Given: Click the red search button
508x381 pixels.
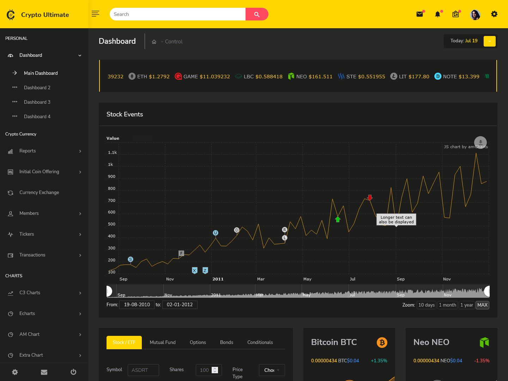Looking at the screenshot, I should coord(257,14).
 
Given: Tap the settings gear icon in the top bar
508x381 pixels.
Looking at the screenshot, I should coord(494,14).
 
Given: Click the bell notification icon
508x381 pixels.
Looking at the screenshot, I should coord(437,14).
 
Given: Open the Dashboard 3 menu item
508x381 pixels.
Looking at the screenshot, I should coord(37,102).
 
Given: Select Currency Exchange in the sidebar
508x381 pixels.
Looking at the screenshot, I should coord(39,192).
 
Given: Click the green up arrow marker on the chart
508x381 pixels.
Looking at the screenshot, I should coord(338,219).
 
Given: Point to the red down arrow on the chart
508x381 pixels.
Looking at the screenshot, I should coord(370,197).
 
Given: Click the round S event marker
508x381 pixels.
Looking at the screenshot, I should coord(131,259).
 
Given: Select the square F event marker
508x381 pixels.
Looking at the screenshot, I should coord(181,253).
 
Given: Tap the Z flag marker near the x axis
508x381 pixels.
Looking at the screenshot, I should coord(205,270).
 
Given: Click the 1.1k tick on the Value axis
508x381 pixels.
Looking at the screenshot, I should coord(112,152).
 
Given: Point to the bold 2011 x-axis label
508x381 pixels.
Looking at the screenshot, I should coord(218,279).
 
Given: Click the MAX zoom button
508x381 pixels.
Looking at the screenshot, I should coord(482,305).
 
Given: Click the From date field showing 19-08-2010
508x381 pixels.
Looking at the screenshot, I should coord(137,305).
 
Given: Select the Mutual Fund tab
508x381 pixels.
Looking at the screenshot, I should coord(163,342).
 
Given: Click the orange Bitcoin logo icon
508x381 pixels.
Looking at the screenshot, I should coord(382,342).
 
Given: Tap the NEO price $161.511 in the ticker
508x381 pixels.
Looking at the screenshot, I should coord(320,77).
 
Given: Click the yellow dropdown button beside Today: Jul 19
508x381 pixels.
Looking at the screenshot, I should coord(489,41).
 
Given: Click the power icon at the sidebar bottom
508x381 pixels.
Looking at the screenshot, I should coord(73,372).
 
